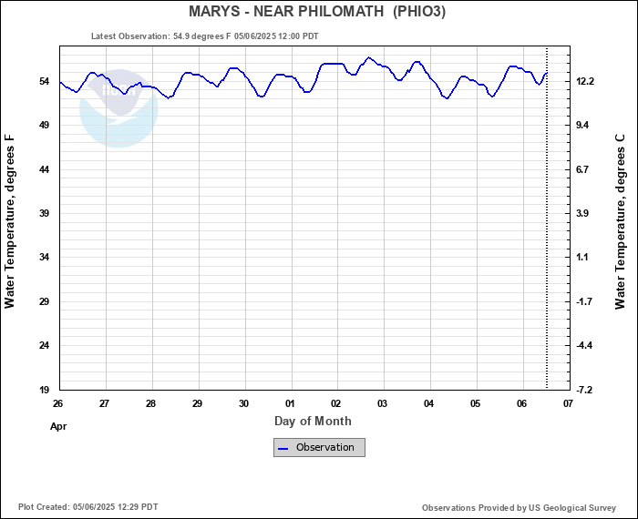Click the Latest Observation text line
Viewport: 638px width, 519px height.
coord(205,36)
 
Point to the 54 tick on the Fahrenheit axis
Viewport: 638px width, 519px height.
coord(43,81)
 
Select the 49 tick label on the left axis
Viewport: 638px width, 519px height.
coord(43,125)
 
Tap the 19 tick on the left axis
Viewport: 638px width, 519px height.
coord(43,390)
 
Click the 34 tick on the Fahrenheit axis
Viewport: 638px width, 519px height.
coord(43,258)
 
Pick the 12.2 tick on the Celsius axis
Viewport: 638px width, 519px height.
coord(585,81)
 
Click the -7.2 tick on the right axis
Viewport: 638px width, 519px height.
coord(584,390)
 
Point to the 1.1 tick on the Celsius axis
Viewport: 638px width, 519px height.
coord(583,258)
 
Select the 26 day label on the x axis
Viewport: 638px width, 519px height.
coord(58,403)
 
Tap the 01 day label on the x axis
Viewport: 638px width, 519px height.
coord(290,403)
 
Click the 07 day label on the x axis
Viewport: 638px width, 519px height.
coord(568,403)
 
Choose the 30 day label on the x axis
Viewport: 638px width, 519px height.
coord(243,403)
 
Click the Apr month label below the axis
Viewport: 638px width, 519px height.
coord(58,426)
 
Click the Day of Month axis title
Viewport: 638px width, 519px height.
coord(313,421)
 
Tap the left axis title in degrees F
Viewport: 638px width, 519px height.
coord(10,221)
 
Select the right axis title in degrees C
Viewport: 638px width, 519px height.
coord(621,221)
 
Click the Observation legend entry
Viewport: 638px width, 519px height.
coord(319,447)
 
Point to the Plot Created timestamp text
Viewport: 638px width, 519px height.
coord(88,507)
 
